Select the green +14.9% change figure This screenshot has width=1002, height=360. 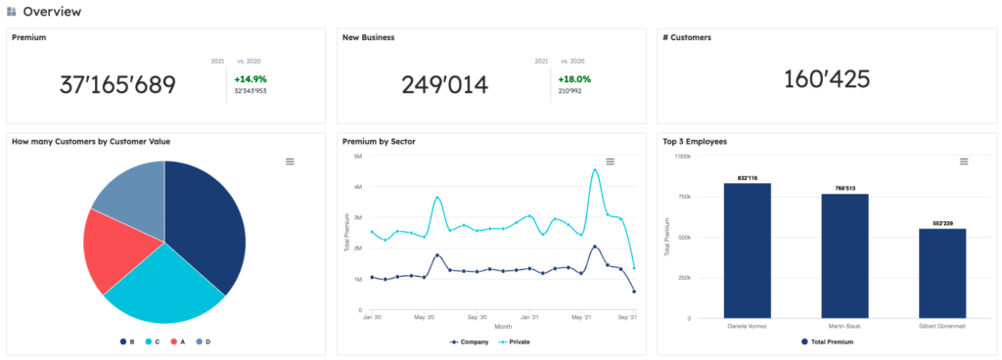250,78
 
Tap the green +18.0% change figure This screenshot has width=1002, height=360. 574,78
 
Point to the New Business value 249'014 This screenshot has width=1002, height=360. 444,85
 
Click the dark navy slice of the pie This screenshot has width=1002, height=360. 206,225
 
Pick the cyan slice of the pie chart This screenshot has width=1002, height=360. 166,289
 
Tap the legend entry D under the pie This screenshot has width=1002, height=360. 204,341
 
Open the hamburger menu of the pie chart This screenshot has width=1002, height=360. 290,161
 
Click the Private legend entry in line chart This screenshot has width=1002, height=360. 519,341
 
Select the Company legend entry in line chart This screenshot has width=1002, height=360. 472,341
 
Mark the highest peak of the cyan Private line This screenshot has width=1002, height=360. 595,169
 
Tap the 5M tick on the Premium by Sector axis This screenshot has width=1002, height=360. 358,156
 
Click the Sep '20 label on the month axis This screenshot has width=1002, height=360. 478,317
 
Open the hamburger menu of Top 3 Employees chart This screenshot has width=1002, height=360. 964,161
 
